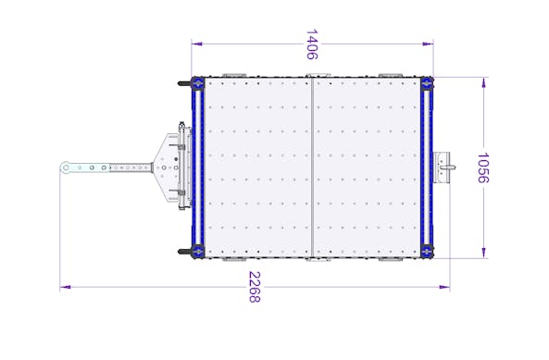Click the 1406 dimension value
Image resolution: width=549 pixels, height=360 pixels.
(x=312, y=44)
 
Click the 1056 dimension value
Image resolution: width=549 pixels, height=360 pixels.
(x=483, y=168)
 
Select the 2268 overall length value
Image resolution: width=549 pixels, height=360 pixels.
(x=255, y=287)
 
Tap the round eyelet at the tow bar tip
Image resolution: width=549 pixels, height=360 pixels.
(x=66, y=168)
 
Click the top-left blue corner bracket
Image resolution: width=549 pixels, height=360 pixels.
(x=197, y=84)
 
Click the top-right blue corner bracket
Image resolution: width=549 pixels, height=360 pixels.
(x=427, y=83)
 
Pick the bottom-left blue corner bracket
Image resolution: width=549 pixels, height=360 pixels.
(x=197, y=251)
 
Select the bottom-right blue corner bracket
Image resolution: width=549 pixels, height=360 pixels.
(x=427, y=251)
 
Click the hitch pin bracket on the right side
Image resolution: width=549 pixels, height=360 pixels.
(x=443, y=168)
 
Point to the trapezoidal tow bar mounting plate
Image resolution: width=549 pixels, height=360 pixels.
(x=167, y=168)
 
